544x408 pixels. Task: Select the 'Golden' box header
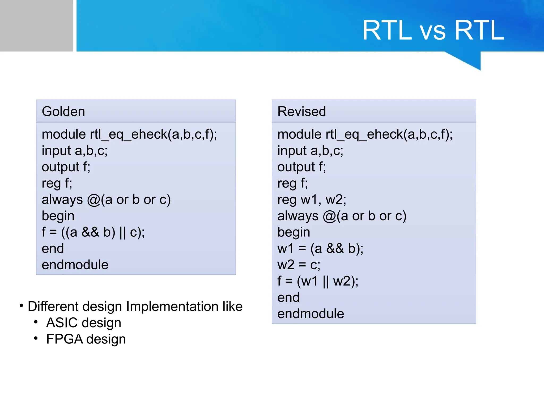(135, 111)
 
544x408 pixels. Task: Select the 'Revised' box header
(373, 111)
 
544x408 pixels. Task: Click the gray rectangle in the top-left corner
(36, 25)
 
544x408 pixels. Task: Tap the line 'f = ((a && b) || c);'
(93, 232)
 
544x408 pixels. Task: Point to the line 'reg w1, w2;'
(312, 199)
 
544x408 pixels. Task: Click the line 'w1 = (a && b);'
(320, 249)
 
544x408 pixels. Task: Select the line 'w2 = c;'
(299, 265)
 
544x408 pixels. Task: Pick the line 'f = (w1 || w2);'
(318, 281)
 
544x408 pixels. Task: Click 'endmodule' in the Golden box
(75, 265)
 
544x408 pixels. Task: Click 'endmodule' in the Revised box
(311, 314)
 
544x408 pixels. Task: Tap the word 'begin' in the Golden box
(58, 216)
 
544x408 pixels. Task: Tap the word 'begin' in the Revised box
(294, 232)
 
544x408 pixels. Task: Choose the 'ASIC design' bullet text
(83, 323)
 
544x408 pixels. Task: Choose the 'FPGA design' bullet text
(86, 339)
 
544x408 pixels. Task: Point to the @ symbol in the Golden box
(93, 200)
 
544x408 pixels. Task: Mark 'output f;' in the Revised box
(301, 167)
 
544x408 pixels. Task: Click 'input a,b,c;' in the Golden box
(75, 151)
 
